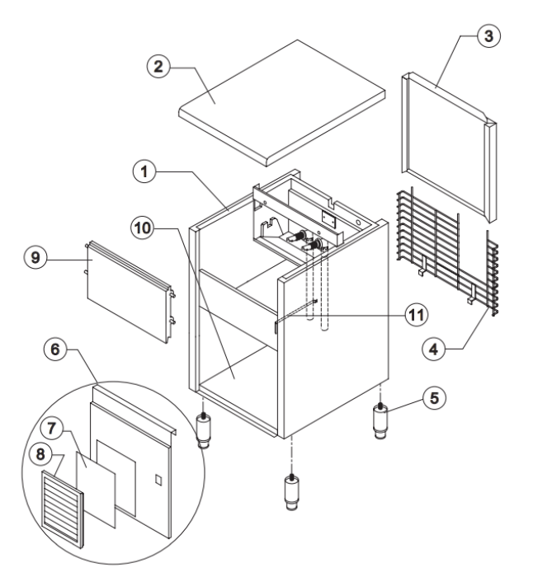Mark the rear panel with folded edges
447,148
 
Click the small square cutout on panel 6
159,479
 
